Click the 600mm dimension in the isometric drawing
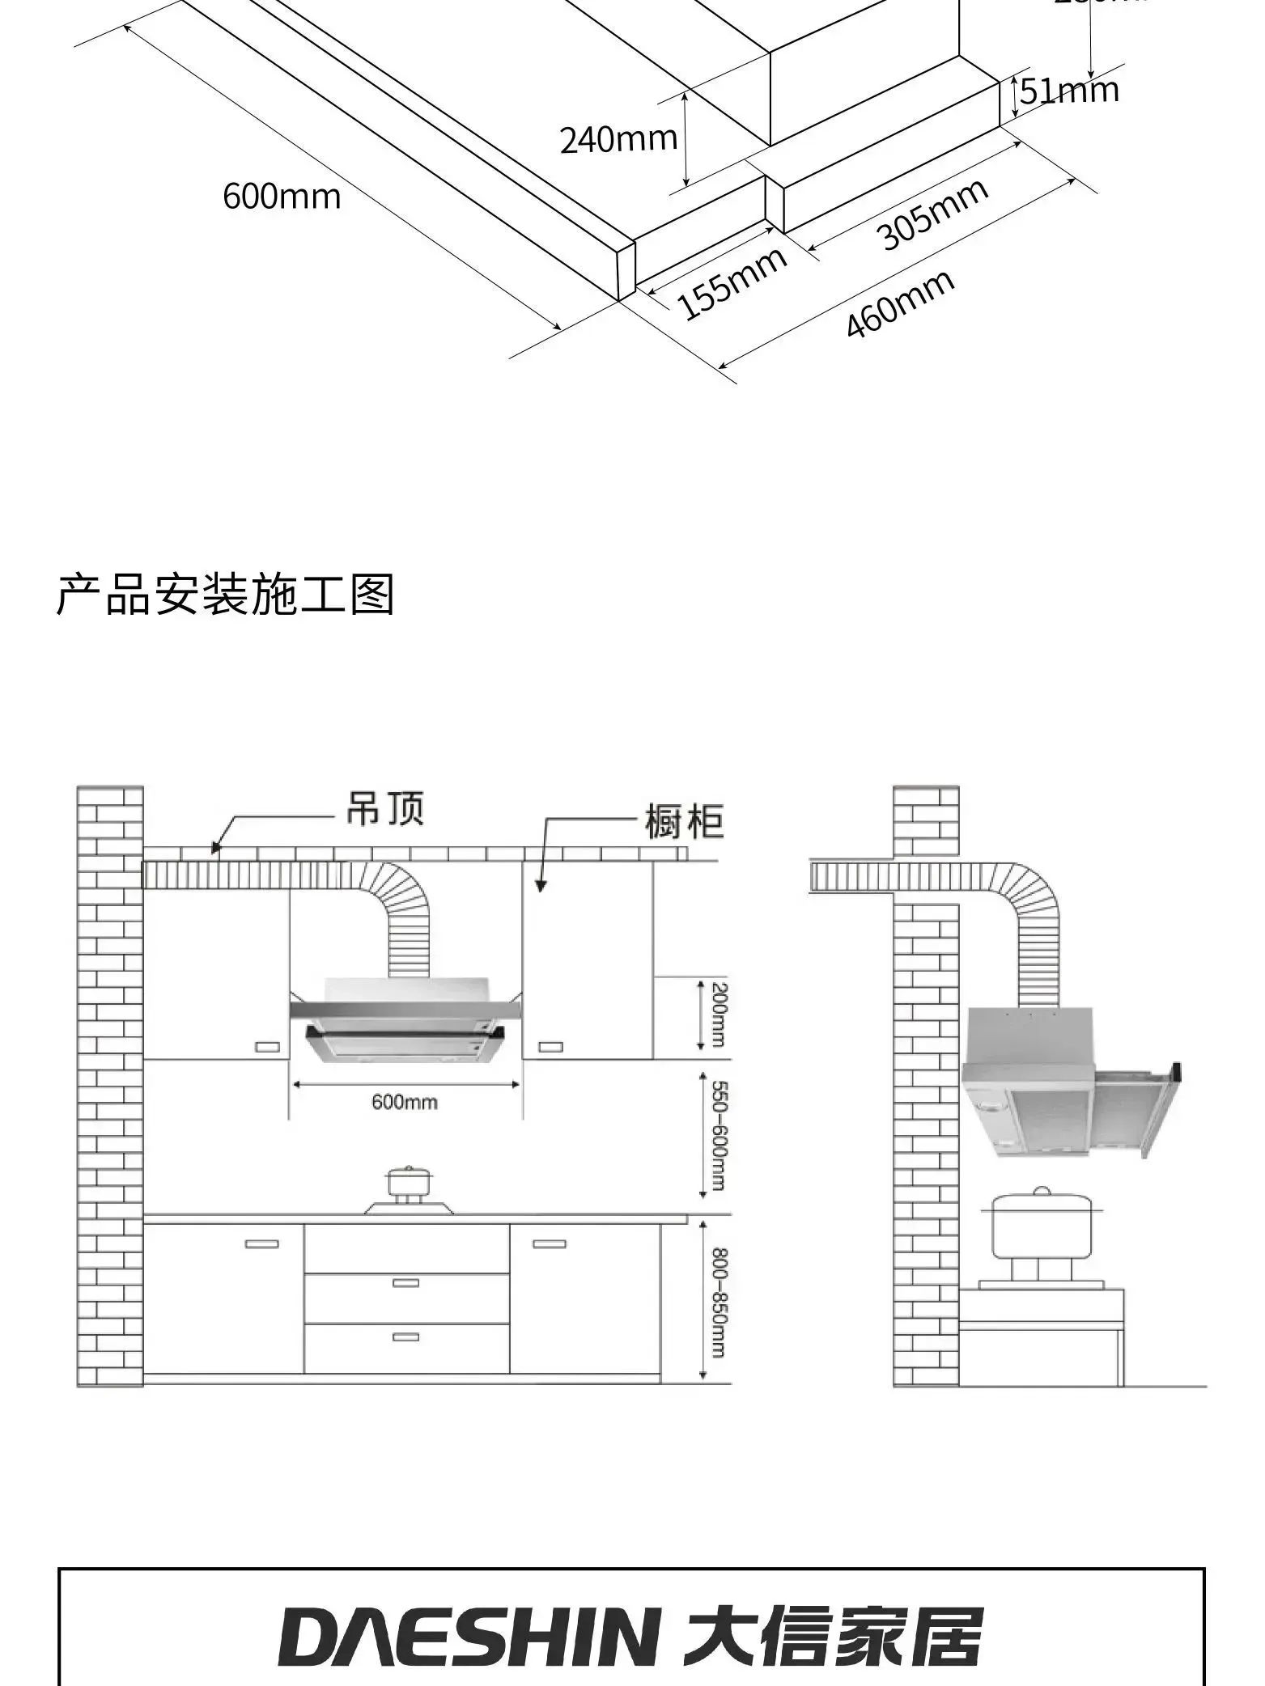click(x=282, y=197)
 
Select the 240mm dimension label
click(x=618, y=140)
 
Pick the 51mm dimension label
click(x=1069, y=91)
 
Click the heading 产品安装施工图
click(x=225, y=595)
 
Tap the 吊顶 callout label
click(x=384, y=807)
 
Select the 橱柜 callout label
click(x=684, y=821)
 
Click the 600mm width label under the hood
click(x=405, y=1102)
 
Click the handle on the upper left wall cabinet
click(x=267, y=1047)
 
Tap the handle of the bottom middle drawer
click(x=405, y=1337)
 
